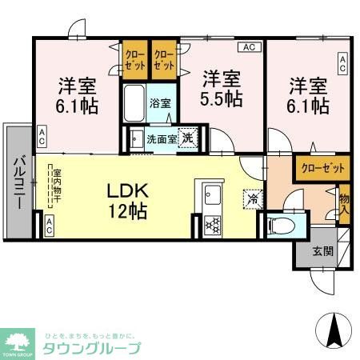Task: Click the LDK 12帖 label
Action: click(x=127, y=202)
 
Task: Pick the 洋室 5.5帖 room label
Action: click(x=222, y=89)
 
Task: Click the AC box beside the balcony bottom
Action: click(x=49, y=226)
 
